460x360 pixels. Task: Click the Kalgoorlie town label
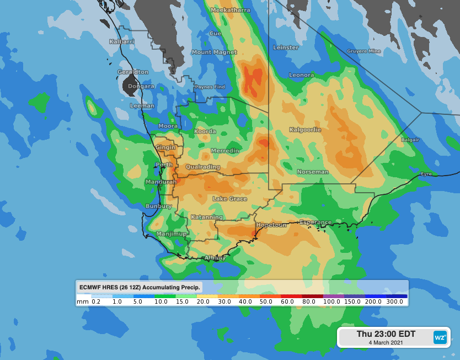point(305,130)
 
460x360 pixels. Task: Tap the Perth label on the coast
point(164,165)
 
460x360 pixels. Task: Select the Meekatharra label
point(230,10)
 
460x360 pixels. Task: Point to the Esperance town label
point(315,223)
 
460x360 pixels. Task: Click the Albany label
point(215,257)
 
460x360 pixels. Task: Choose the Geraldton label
point(133,72)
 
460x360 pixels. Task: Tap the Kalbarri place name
point(122,41)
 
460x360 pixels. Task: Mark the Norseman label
point(313,172)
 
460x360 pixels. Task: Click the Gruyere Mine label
point(363,51)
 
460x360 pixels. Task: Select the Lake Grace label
point(230,198)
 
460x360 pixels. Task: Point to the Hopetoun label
point(271,225)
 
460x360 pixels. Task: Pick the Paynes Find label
point(210,87)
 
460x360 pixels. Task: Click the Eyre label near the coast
point(426,174)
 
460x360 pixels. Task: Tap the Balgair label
point(410,140)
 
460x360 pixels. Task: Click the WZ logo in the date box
point(440,337)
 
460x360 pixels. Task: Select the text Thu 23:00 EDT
point(386,334)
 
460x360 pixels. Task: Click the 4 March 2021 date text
point(386,343)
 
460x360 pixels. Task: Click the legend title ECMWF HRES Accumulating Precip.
point(140,287)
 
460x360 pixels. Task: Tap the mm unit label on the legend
point(83,301)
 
